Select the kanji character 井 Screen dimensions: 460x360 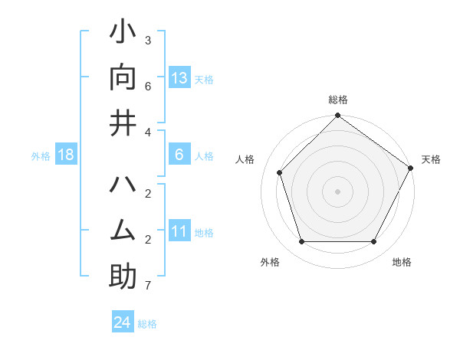click(x=123, y=123)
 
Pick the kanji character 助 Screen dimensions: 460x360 click(x=123, y=277)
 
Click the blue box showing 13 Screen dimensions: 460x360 click(x=179, y=77)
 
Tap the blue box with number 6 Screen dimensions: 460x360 click(x=179, y=155)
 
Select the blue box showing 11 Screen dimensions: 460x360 click(x=179, y=231)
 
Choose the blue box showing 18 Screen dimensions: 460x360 click(x=66, y=155)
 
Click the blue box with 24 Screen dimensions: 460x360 click(x=123, y=322)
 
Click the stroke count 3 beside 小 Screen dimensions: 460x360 click(x=147, y=40)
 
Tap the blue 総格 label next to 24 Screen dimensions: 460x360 click(x=147, y=324)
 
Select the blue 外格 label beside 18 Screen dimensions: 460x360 click(x=41, y=156)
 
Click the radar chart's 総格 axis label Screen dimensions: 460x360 click(x=338, y=100)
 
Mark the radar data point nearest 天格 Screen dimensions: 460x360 click(x=409, y=168)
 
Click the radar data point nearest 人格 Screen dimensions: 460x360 click(x=280, y=172)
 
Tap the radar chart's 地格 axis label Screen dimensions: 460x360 click(x=402, y=262)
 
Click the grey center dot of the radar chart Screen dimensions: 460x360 click(x=337, y=191)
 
